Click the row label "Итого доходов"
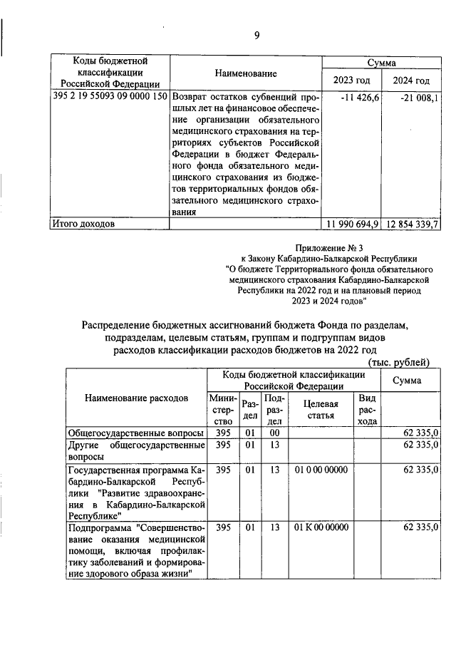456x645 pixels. [82, 224]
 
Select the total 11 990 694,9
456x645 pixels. [353, 224]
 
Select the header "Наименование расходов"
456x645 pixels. [136, 398]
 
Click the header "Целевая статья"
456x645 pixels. [316, 408]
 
